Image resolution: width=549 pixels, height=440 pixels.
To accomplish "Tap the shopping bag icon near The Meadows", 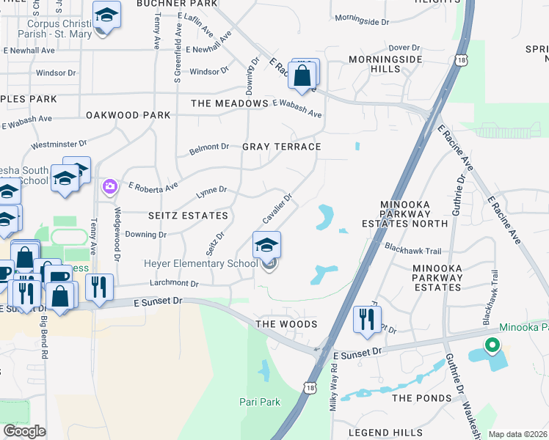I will (x=302, y=75).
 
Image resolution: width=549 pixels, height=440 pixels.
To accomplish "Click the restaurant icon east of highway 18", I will (x=365, y=319).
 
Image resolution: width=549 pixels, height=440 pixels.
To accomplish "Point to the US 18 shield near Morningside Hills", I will (x=460, y=62).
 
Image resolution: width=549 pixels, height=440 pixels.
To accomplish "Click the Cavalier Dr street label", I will (x=278, y=209).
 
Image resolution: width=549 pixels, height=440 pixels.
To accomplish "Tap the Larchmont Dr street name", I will (x=174, y=283).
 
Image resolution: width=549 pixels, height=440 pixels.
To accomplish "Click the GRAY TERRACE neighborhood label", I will (x=282, y=147).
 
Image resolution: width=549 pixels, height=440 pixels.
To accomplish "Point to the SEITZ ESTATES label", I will (x=188, y=216).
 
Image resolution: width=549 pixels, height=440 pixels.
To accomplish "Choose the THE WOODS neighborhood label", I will (x=286, y=324).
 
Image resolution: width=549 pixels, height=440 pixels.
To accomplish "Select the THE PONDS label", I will (x=421, y=397).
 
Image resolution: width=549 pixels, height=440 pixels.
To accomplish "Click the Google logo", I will (x=24, y=431).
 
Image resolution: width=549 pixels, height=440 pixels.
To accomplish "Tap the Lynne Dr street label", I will (x=211, y=192).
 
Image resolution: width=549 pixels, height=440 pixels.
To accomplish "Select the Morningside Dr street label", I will (x=361, y=21).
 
